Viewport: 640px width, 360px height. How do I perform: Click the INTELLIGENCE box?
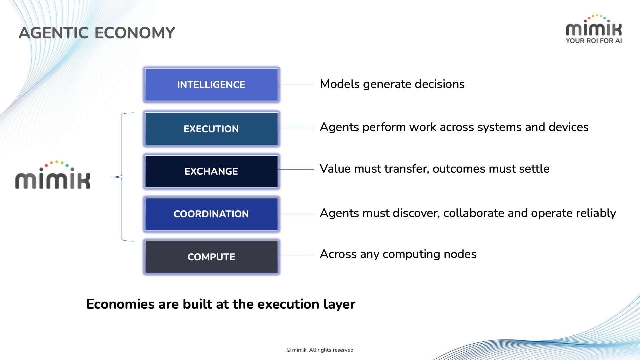[211, 85]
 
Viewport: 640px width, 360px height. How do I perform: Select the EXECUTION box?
[211, 129]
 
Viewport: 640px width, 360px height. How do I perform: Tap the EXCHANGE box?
[211, 171]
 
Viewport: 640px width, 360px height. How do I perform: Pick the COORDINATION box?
[211, 214]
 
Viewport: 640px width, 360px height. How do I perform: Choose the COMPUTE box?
[211, 257]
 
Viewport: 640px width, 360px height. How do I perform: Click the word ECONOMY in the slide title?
[135, 33]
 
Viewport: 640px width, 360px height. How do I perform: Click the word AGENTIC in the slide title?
[54, 33]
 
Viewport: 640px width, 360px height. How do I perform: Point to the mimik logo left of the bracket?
[52, 176]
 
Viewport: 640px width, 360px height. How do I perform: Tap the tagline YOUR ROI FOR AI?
[594, 41]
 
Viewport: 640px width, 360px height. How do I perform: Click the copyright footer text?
[320, 350]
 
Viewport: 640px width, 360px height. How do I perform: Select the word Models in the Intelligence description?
[339, 84]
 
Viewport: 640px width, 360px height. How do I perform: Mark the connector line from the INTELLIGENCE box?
[296, 85]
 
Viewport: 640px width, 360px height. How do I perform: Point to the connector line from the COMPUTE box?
[296, 255]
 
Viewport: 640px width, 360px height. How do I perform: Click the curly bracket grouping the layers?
[122, 177]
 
